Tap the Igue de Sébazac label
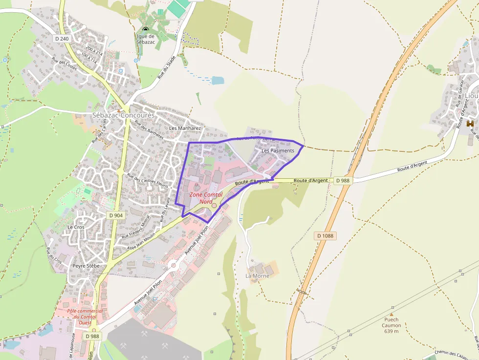tap(146, 39)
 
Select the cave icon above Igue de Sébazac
tap(146, 30)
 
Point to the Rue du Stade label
tap(167, 67)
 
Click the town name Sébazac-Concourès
tap(123, 115)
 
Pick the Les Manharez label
tap(185, 128)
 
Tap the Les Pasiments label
tap(278, 151)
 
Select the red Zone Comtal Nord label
tap(206, 197)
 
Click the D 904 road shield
tap(116, 215)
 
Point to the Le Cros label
tap(76, 227)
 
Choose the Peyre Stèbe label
tap(86, 266)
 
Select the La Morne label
tap(257, 276)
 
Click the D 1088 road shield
tap(325, 235)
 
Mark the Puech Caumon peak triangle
tap(391, 314)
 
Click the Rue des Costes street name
tap(64, 64)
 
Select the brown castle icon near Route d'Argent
tap(470, 124)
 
